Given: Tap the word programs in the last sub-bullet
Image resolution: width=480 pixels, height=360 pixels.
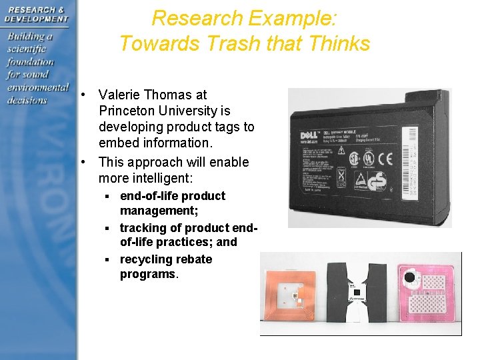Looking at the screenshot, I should (x=148, y=274).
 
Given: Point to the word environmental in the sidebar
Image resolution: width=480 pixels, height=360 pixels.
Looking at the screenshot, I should (x=37, y=87).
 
